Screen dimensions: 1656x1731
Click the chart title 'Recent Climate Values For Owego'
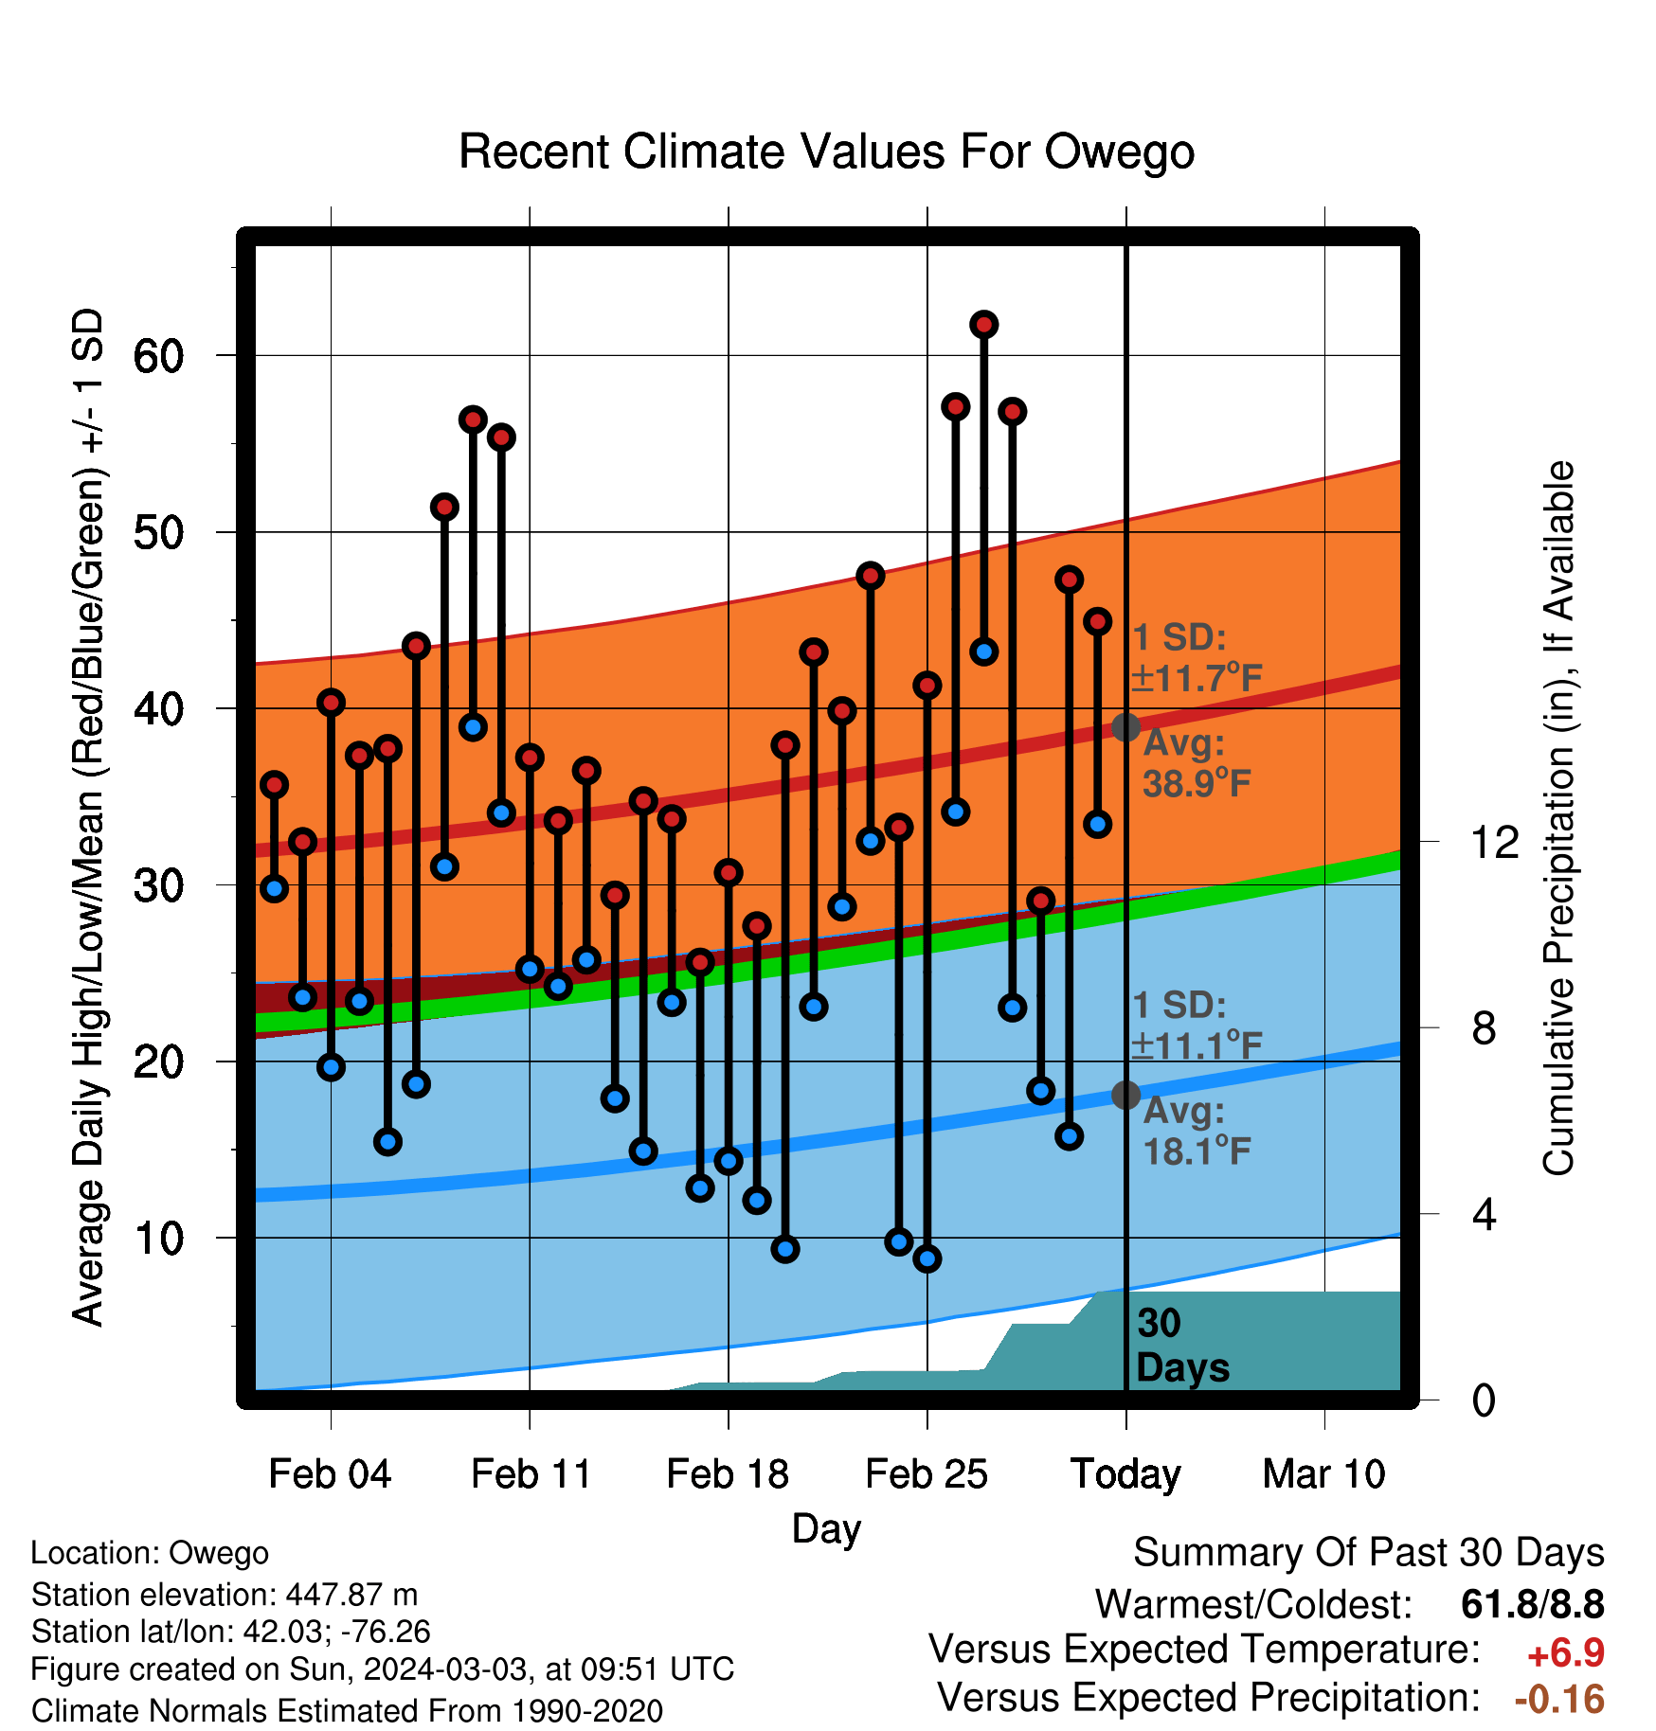pos(826,152)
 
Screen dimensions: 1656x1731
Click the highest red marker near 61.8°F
pos(983,325)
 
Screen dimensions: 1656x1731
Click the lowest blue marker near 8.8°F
pos(927,1258)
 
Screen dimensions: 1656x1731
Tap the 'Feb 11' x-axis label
pos(531,1473)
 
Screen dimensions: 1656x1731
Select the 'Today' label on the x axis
pos(1125,1475)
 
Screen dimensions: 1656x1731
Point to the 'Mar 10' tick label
pos(1324,1473)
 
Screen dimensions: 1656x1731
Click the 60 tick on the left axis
pos(158,356)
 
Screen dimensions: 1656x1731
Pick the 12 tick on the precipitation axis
pos(1494,842)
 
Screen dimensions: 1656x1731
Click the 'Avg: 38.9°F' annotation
pos(1197,763)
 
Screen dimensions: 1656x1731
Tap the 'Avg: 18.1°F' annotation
pos(1197,1131)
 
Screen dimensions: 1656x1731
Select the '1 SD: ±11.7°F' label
pos(1197,657)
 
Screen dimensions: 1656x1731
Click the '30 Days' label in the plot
pos(1182,1346)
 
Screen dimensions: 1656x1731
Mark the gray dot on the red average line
pos(1125,727)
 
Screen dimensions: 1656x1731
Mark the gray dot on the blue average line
pos(1125,1095)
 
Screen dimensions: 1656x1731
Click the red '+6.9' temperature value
pos(1565,1653)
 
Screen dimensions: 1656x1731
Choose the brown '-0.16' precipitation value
pos(1559,1699)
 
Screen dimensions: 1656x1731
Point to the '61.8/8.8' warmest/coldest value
pos(1533,1604)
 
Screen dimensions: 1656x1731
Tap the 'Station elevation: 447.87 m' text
pos(225,1595)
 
